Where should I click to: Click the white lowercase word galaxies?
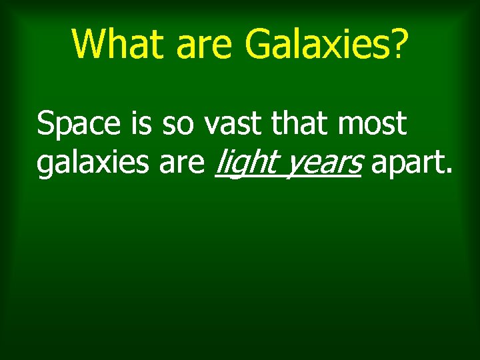[x=94, y=164]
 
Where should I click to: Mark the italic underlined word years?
[x=323, y=164]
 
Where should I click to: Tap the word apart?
[x=408, y=164]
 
